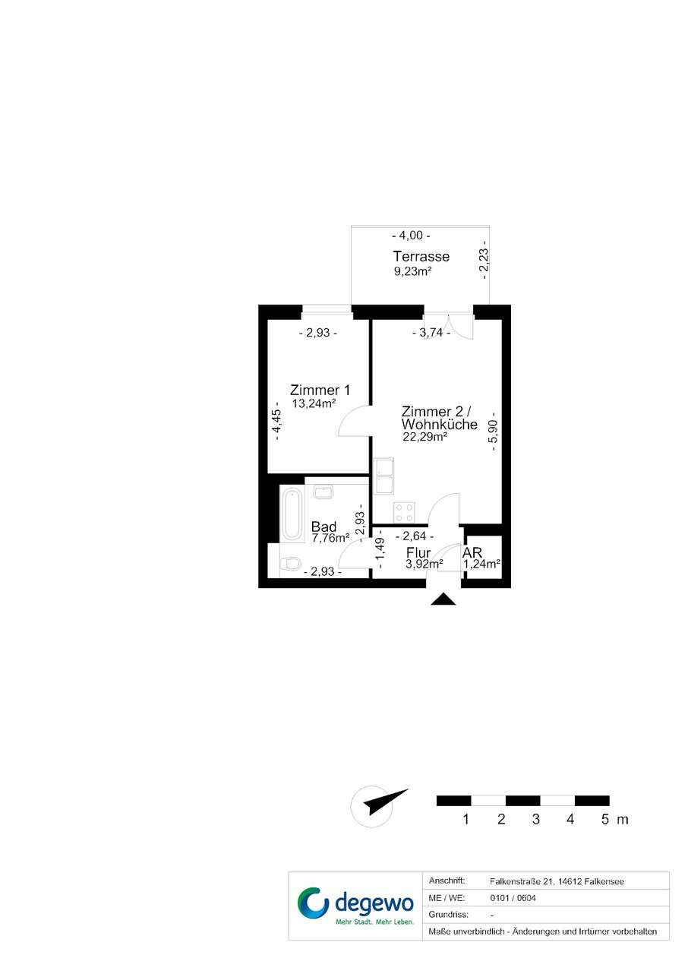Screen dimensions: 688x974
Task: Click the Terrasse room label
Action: (421, 256)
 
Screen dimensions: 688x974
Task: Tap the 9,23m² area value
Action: (412, 272)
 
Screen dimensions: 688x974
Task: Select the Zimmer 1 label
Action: (320, 390)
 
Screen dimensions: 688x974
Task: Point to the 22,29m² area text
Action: (425, 437)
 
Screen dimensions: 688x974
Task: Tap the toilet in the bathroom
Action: (291, 564)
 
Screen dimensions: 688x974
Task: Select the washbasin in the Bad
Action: (323, 492)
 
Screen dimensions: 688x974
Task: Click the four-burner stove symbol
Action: (404, 512)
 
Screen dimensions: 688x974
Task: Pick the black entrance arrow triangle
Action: (443, 599)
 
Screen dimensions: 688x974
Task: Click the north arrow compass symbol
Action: (372, 807)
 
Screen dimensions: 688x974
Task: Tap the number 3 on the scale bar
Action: (535, 820)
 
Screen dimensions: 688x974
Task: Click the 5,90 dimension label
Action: (493, 431)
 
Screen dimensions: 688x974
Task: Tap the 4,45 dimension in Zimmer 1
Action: (276, 421)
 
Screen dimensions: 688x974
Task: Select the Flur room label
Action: (418, 553)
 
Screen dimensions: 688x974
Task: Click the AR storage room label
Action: (472, 552)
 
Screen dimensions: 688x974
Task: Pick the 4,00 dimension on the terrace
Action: (411, 236)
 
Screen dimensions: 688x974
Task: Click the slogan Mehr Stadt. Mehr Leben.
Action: (374, 922)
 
